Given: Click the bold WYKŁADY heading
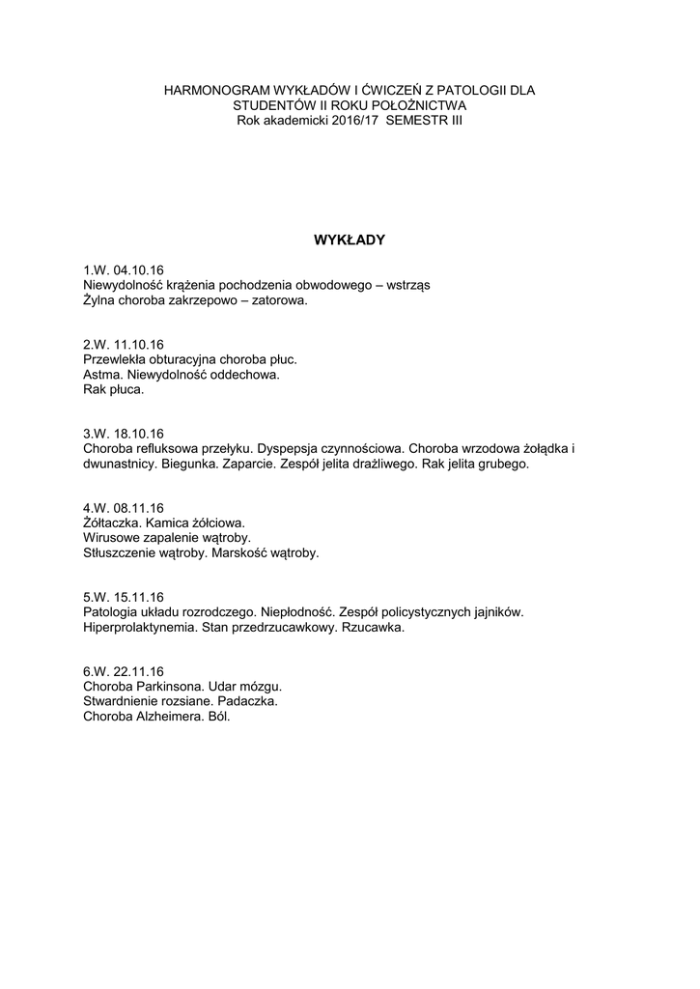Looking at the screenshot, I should pyautogui.click(x=350, y=240).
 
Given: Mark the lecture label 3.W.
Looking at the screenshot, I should pyautogui.click(x=97, y=434).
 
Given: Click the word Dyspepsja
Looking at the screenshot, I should pyautogui.click(x=291, y=448).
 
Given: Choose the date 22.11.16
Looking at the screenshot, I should pyautogui.click(x=139, y=672).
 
